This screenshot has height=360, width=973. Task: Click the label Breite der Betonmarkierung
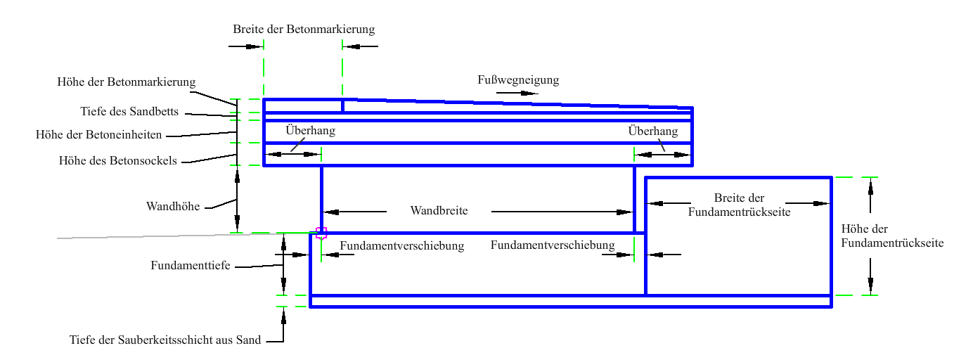point(304,30)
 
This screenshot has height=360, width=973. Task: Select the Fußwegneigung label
point(518,80)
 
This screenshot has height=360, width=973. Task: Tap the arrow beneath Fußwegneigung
point(517,93)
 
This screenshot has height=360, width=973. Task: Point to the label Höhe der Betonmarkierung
point(126,82)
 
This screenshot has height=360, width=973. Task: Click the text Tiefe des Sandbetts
point(129,112)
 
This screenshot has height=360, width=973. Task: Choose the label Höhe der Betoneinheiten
point(99,134)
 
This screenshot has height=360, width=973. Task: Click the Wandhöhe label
point(173,207)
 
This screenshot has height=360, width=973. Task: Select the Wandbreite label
point(439,211)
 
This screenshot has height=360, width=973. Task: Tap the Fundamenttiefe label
point(191,266)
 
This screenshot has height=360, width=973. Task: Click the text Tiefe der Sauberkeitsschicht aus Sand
point(165,340)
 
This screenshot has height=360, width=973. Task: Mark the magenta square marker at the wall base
point(321,233)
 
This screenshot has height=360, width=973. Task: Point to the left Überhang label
point(310,131)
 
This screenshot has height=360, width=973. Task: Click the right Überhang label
point(652,131)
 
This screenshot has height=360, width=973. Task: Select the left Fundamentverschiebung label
point(401,246)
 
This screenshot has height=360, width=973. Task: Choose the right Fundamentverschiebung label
point(553,245)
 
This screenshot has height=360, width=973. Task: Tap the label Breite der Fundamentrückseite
point(739,205)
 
